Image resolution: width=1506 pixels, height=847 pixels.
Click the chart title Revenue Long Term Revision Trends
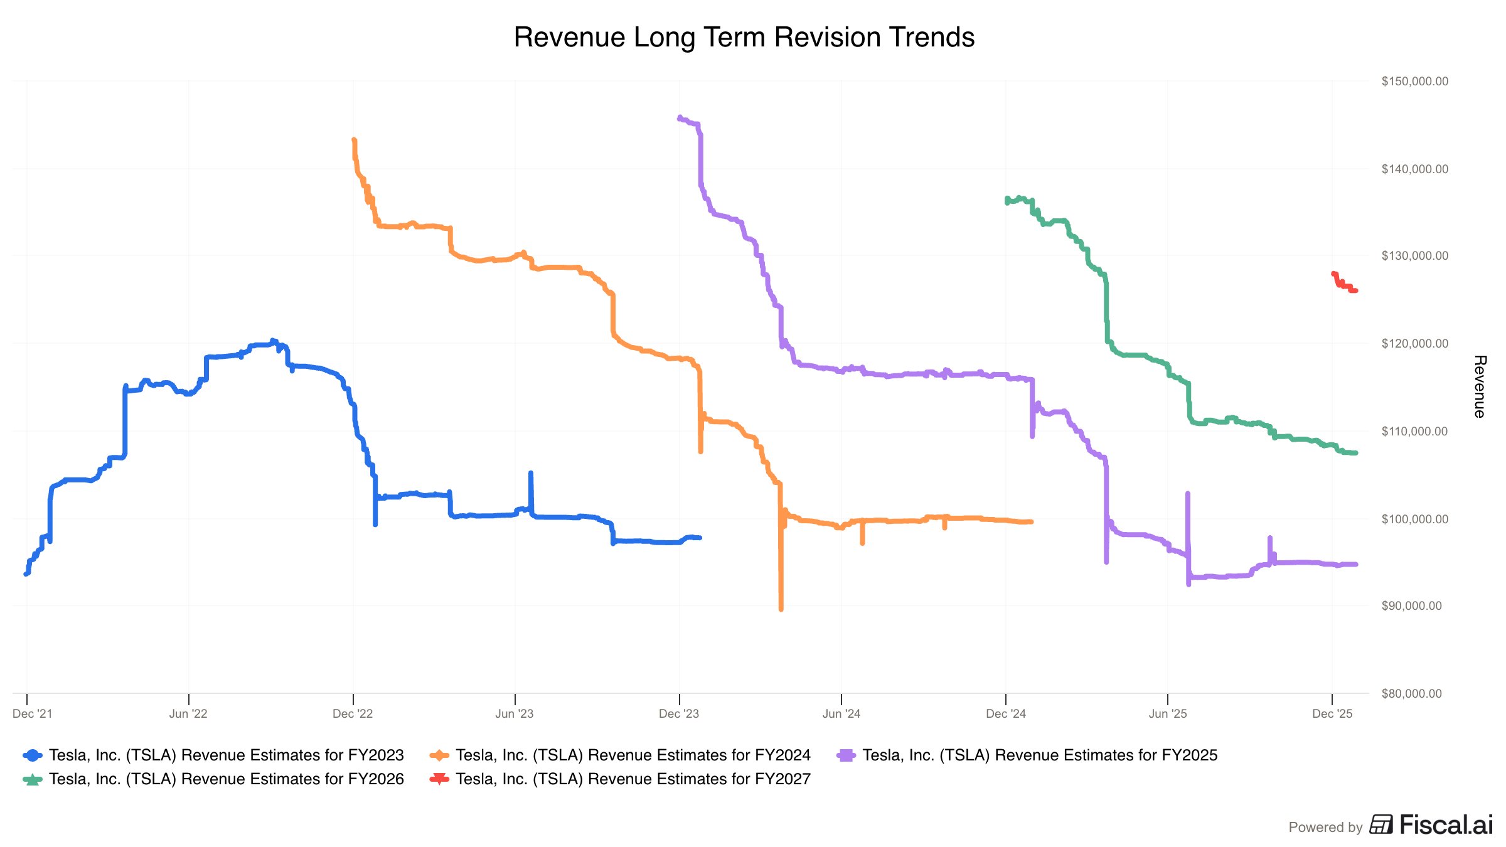coord(744,38)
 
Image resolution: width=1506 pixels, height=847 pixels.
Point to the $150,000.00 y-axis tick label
coord(1414,82)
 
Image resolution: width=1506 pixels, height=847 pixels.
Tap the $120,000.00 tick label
coord(1414,344)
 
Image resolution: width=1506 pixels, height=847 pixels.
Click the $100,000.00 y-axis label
coord(1414,519)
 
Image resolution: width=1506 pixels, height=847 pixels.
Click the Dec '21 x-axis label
coord(33,714)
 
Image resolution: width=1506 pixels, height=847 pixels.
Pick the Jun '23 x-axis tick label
coord(515,714)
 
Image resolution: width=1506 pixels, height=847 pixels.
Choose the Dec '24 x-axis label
coord(1006,714)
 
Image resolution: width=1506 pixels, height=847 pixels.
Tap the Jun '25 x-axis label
coord(1168,714)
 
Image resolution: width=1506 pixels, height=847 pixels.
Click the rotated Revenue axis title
coord(1480,386)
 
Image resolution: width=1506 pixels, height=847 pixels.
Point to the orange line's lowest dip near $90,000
coord(781,608)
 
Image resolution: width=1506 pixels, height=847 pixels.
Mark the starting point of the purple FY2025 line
coord(680,117)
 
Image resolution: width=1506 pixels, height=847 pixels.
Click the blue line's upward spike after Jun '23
coord(531,474)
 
